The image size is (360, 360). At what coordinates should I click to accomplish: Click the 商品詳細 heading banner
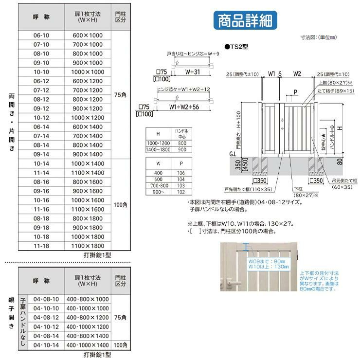(244, 22)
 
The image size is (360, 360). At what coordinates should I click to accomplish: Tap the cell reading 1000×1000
(88, 72)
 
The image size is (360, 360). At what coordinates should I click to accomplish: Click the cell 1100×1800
(88, 246)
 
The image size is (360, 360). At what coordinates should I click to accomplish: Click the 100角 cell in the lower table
(121, 345)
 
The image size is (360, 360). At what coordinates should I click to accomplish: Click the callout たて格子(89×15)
(334, 91)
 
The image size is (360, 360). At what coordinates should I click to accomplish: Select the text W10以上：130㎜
(269, 267)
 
